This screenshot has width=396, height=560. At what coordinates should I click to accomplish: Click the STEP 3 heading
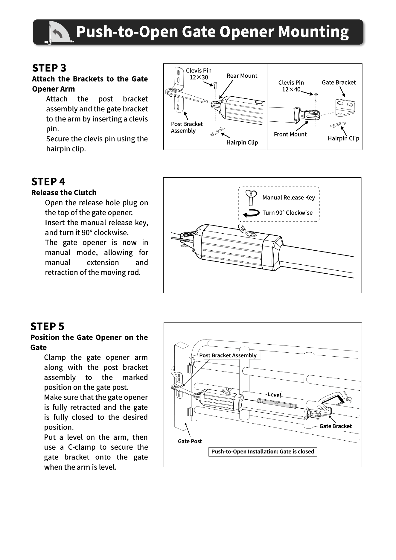[49, 68]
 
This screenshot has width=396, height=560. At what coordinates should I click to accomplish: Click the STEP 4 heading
[48, 182]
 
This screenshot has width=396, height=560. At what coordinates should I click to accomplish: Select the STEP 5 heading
[47, 326]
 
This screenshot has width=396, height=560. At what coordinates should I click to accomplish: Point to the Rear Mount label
[242, 76]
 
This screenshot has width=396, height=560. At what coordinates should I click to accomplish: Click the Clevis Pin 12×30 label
[199, 74]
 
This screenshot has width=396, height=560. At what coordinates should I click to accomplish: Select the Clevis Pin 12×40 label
[291, 86]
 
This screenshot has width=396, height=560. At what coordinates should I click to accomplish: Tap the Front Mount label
[290, 134]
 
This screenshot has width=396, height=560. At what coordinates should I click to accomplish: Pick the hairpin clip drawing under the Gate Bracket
[338, 124]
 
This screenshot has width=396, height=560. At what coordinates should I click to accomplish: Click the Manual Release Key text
[289, 197]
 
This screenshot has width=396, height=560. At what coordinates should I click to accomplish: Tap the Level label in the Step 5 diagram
[274, 395]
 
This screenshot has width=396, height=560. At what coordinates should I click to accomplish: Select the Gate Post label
[190, 441]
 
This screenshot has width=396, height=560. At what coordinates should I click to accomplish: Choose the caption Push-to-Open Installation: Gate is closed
[263, 452]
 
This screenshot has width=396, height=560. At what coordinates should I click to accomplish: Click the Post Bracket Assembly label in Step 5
[228, 355]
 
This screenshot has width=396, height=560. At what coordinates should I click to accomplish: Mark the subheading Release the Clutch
[64, 193]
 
